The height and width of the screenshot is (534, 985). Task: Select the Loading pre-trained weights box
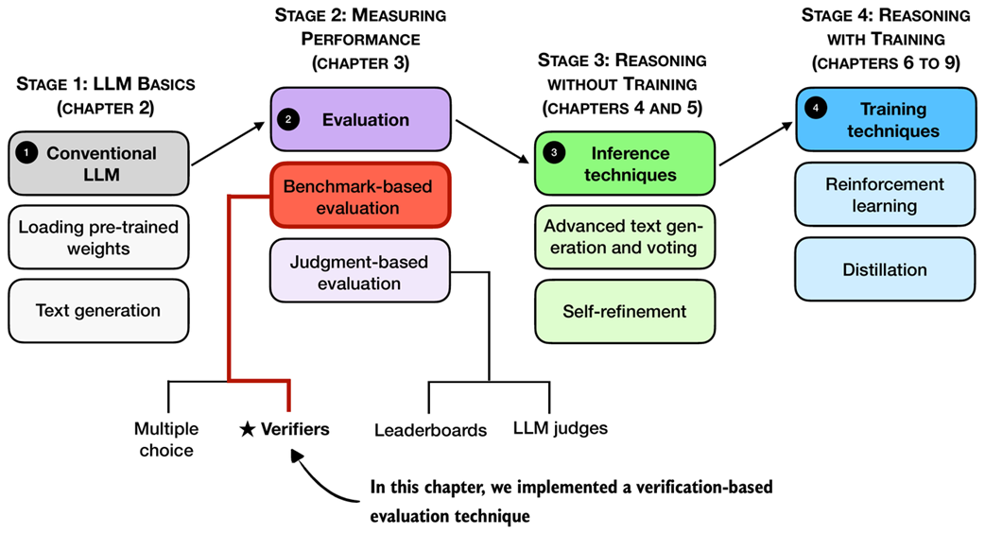[98, 237]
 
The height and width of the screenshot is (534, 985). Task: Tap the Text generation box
[98, 310]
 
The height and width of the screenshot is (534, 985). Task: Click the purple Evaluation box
[358, 120]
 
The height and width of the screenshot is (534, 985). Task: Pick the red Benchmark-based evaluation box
[358, 197]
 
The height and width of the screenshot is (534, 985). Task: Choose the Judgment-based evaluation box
[358, 271]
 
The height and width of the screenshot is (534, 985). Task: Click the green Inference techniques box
[626, 164]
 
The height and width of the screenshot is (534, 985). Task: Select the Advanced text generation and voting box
[626, 237]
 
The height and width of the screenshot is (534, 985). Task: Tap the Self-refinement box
[626, 310]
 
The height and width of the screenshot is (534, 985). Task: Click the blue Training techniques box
[885, 120]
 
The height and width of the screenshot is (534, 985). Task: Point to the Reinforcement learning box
[885, 194]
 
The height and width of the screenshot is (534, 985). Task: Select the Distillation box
[885, 269]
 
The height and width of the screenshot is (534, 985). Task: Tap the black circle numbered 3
[553, 152]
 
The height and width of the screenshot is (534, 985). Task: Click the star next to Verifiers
[247, 430]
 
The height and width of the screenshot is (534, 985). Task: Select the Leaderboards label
[430, 430]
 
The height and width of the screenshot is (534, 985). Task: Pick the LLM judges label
[561, 428]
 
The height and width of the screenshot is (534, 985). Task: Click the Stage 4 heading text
[885, 42]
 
